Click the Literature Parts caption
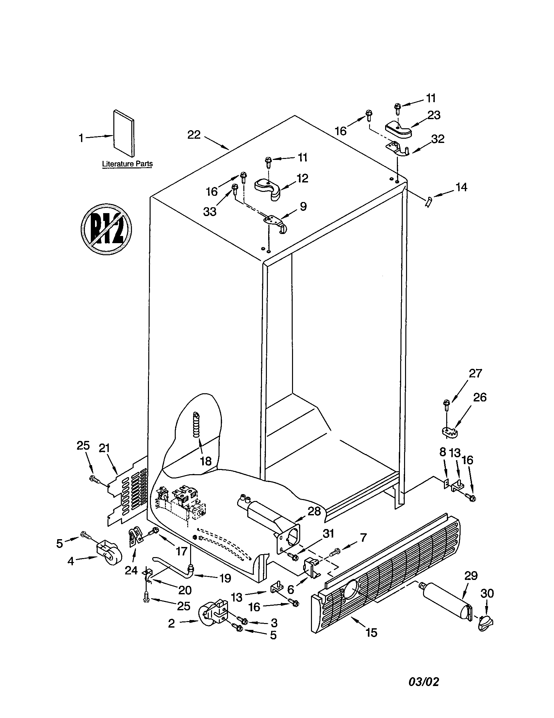click(127, 164)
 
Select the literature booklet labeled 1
click(124, 133)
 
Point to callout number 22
click(194, 135)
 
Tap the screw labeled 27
click(447, 404)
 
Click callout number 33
click(210, 211)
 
